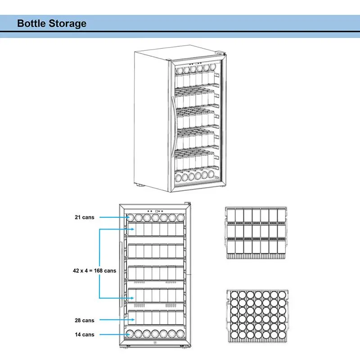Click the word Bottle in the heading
31,23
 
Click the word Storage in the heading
67,23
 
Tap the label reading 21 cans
85,217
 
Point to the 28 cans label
85,320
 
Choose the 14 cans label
85,334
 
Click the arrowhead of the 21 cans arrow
130,217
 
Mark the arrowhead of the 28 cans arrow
130,320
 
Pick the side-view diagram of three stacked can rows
256,233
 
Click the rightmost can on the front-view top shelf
181,217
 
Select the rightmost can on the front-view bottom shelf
180,335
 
